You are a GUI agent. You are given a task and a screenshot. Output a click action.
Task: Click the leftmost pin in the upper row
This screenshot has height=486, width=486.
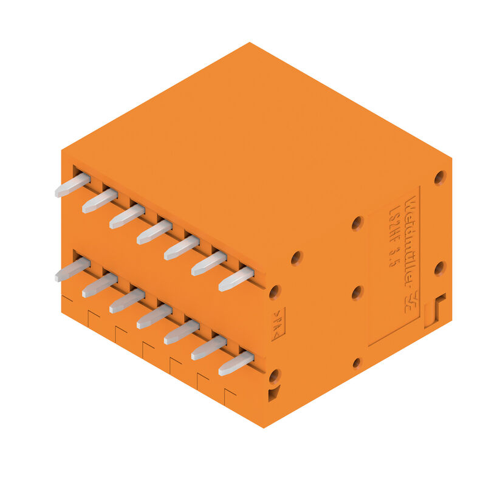(72, 185)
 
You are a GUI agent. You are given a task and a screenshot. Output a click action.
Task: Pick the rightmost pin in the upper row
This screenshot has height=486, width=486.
(236, 279)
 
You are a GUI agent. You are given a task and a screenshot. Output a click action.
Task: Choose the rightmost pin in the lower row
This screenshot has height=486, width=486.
(236, 363)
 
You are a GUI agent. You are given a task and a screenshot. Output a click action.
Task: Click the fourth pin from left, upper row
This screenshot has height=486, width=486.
(154, 231)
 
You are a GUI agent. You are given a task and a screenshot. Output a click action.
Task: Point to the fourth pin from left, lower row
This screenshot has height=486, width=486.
(154, 316)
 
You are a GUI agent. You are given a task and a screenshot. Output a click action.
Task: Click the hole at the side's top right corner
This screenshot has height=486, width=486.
(440, 177)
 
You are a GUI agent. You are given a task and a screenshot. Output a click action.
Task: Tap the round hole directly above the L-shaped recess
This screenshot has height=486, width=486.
(439, 268)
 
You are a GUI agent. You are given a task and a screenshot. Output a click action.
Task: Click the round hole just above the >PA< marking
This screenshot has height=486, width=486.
(275, 293)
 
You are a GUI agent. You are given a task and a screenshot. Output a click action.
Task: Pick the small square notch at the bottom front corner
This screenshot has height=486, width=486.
(273, 395)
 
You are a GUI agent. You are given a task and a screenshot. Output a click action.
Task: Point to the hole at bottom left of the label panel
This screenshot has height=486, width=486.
(357, 363)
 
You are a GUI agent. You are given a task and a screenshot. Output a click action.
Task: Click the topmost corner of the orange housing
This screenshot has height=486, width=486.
(250, 43)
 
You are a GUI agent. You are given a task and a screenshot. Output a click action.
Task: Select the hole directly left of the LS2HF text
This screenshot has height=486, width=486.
(357, 223)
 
